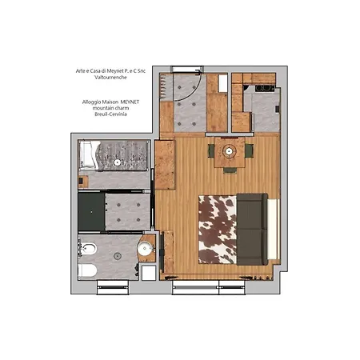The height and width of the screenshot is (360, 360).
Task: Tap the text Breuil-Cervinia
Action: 105,114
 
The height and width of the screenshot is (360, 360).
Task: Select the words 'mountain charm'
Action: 105,108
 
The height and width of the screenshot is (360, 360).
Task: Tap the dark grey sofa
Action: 254,229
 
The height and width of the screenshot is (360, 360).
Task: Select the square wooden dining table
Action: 230,152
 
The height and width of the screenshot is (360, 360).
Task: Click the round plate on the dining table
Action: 230,150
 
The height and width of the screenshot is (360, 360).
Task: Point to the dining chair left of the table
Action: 210,150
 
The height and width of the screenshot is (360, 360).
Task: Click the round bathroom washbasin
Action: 145,248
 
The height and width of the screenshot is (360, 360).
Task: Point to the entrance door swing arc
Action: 186,100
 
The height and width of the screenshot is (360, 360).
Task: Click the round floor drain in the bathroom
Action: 118,256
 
